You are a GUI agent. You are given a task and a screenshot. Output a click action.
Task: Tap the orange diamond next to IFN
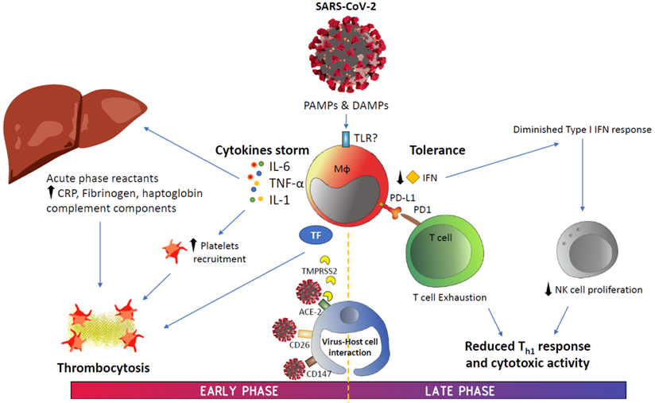413,176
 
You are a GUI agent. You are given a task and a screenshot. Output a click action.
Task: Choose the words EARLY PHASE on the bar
232,390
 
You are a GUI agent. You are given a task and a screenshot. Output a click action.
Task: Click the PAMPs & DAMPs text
346,105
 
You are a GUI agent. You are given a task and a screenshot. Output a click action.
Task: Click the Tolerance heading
439,149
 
